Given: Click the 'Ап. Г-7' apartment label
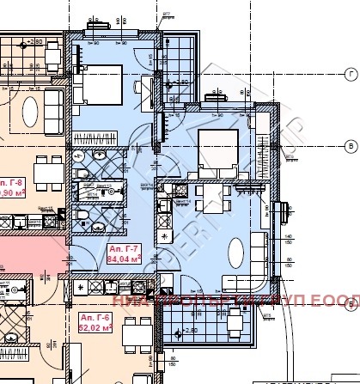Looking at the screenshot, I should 121,248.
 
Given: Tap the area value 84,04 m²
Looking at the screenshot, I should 124,258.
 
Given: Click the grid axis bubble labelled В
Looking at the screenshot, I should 351,146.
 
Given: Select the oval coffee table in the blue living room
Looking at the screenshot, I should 236,253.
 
